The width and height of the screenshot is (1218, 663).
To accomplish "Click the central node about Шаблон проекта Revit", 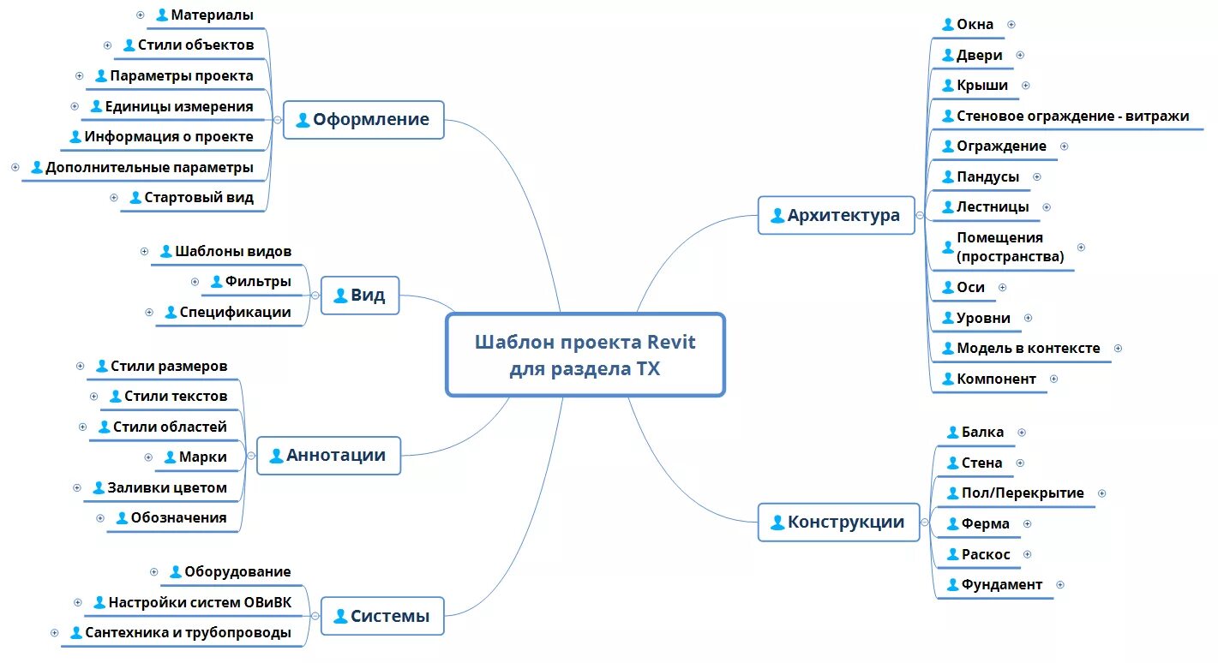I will (585, 355).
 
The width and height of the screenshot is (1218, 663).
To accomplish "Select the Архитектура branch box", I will (836, 215).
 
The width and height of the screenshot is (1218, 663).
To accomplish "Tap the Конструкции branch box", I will (837, 522).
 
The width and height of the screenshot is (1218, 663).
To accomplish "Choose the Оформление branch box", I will (363, 119).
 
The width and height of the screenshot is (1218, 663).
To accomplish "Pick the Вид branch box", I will (359, 296).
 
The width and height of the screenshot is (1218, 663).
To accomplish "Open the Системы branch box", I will (381, 616).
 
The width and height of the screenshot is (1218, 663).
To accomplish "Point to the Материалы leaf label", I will (212, 15).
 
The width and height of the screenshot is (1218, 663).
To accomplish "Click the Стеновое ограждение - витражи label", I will (1072, 116).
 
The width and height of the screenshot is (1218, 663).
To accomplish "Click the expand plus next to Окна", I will (1011, 25).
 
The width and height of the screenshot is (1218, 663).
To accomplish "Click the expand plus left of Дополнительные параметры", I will (15, 167).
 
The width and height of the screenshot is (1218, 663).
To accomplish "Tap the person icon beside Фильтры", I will (217, 282).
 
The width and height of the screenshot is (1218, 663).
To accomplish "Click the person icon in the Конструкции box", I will (777, 522).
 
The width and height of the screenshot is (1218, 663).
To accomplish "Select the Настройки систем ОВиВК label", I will (199, 603).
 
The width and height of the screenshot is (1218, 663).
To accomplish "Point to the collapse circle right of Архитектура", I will (921, 215).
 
